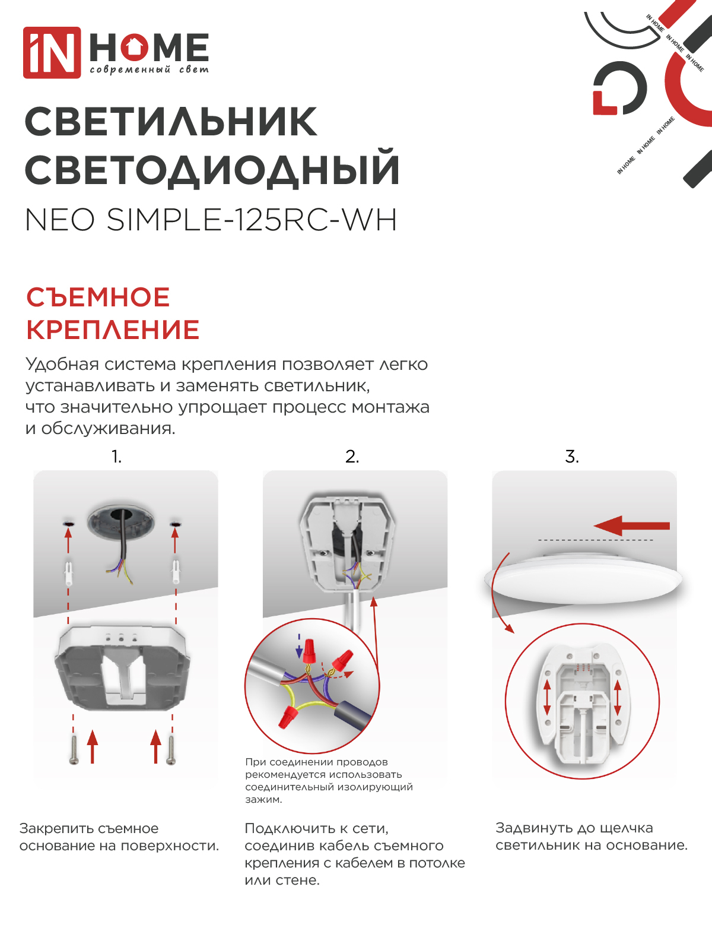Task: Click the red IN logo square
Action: pos(52,52)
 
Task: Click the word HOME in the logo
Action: pos(149,47)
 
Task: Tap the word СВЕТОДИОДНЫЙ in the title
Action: pos(212,170)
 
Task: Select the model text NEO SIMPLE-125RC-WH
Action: pos(211,220)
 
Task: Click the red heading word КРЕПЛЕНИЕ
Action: pos(113,330)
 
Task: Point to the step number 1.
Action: pos(116,457)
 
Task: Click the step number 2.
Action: pos(352,457)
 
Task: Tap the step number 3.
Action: pos(571,457)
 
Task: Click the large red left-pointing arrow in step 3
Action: pos(631,525)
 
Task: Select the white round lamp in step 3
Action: pos(583,578)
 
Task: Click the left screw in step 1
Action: pos(74,749)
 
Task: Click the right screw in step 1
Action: pos(171,749)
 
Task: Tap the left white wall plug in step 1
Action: pos(69,572)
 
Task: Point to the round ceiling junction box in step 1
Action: pos(120,522)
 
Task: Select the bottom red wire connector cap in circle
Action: pos(288,717)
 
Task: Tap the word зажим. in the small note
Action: pos(263,800)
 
